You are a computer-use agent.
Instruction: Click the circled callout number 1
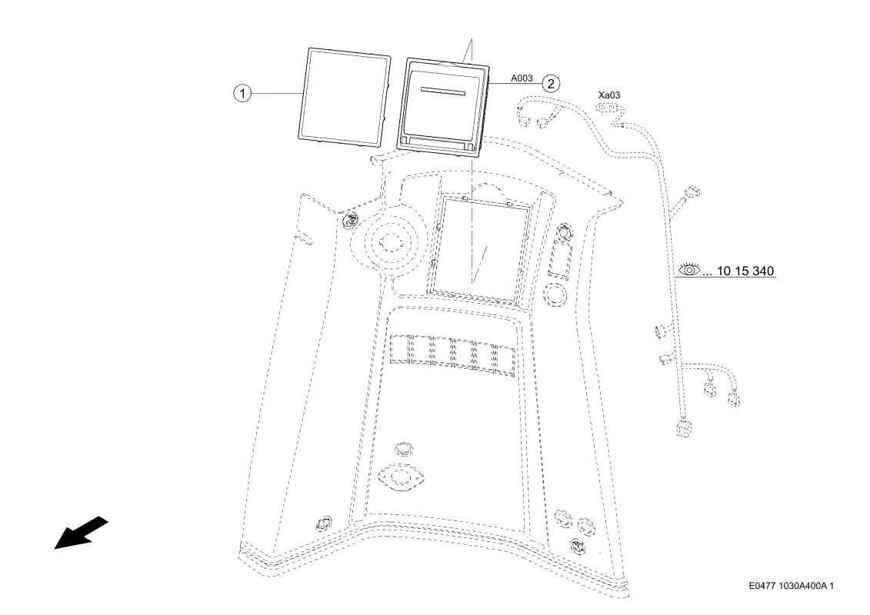tap(242, 93)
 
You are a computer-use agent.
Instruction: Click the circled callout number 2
tap(551, 84)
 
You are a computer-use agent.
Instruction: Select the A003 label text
tap(522, 78)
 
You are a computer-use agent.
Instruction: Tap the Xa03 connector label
tap(609, 95)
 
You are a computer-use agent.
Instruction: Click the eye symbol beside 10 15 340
tap(690, 270)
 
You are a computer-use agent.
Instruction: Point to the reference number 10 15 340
tap(745, 271)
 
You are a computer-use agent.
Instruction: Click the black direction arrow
tap(81, 533)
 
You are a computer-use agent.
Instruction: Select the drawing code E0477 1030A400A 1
tap(791, 586)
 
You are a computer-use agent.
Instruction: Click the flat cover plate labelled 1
tap(345, 98)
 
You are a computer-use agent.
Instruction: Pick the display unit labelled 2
tap(443, 108)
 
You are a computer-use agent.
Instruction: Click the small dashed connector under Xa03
tap(608, 107)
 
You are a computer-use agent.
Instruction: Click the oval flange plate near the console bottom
tap(400, 479)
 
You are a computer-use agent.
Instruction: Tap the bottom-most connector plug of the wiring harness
tap(682, 429)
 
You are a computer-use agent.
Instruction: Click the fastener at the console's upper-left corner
tap(352, 220)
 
